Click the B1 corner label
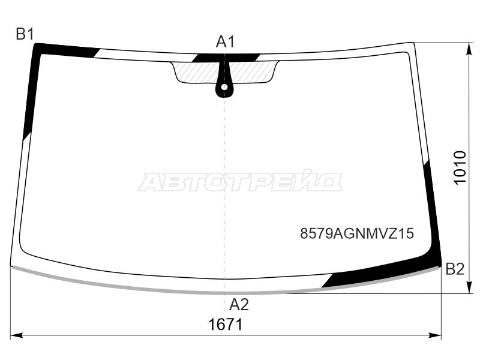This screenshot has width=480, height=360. pyautogui.click(x=25, y=34)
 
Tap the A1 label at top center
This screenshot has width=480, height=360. pyautogui.click(x=226, y=41)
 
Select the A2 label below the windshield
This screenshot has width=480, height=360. pyautogui.click(x=239, y=304)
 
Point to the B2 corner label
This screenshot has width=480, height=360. pyautogui.click(x=455, y=269)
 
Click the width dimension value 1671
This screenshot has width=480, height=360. pyautogui.click(x=226, y=325)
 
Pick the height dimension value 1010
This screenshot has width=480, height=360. pyautogui.click(x=460, y=167)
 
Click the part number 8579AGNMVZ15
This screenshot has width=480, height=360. pyautogui.click(x=357, y=233)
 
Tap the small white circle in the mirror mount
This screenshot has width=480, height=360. pyautogui.click(x=224, y=87)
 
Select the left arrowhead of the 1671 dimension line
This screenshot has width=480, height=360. pyautogui.click(x=17, y=335)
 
